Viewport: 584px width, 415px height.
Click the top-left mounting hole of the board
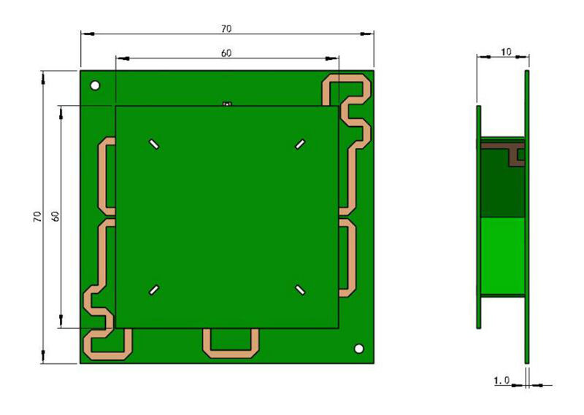[96, 85]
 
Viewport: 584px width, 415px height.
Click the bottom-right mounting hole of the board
[359, 349]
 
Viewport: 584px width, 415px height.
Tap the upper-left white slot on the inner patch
[154, 144]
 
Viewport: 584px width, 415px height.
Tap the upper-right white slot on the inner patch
[300, 144]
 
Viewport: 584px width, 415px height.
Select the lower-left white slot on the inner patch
[154, 290]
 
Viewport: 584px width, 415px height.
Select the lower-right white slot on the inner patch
[300, 290]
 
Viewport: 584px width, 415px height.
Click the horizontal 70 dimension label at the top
[226, 28]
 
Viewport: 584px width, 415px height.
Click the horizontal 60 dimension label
[226, 53]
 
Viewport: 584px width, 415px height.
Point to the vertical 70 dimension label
[37, 217]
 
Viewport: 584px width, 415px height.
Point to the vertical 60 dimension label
[55, 217]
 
